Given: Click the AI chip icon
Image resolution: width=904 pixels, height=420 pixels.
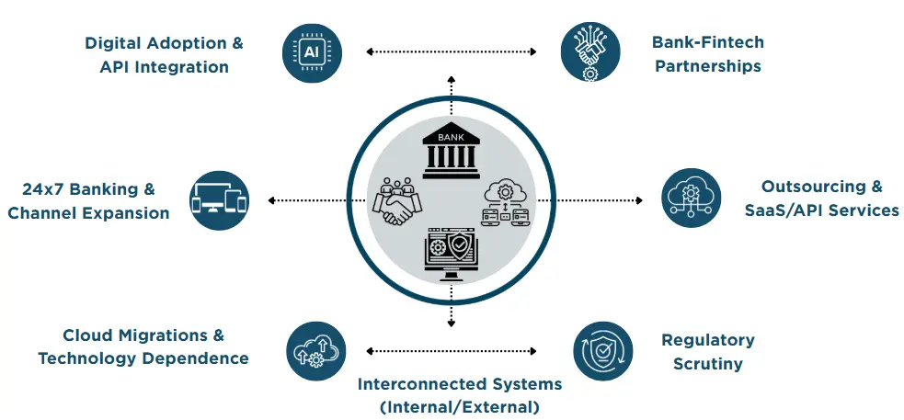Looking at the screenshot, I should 313,52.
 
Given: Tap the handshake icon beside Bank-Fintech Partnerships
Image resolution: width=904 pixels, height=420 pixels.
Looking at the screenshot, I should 589,52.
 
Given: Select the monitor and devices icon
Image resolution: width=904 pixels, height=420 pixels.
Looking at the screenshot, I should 219,200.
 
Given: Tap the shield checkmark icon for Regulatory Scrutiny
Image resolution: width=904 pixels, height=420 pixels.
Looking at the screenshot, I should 602,350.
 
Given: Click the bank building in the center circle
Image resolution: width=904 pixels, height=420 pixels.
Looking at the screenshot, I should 451,153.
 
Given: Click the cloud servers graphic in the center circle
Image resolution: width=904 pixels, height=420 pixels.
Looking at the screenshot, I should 505,203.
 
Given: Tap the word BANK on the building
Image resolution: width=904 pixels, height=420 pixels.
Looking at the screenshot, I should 451,139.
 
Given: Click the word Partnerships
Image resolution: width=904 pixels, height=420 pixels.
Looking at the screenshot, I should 707,66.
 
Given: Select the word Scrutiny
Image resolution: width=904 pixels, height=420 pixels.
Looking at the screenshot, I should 707,364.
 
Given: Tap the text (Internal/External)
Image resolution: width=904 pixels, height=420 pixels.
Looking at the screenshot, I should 459,406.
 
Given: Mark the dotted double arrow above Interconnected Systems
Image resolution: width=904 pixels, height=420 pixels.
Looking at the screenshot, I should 451,350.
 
